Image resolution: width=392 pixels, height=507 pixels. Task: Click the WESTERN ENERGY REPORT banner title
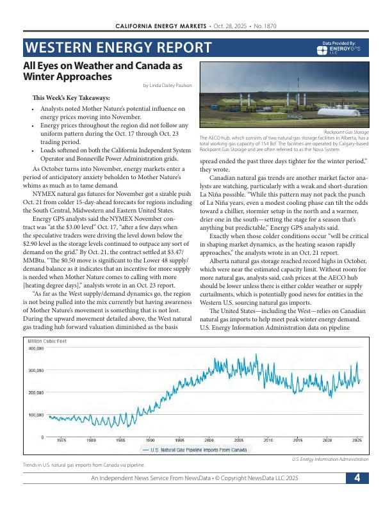118,47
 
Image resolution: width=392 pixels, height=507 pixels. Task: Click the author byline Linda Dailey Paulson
172,85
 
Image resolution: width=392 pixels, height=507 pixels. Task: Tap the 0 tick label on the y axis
42,437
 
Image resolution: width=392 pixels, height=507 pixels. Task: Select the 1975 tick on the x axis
61,441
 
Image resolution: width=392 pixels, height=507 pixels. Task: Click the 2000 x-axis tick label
209,441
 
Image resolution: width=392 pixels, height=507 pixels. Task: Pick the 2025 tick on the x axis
357,441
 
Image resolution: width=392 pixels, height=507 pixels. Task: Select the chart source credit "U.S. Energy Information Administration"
329,459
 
